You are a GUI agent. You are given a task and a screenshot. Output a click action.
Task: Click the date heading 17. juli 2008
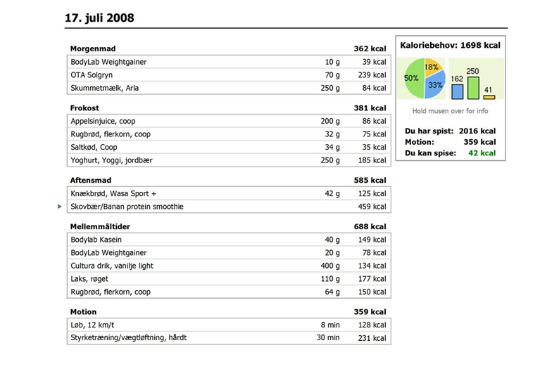tap(99, 18)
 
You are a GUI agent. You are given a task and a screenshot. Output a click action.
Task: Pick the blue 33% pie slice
tap(435, 85)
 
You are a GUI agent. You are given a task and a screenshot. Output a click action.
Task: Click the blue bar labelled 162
tap(458, 91)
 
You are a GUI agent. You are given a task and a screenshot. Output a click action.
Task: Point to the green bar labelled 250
tap(473, 88)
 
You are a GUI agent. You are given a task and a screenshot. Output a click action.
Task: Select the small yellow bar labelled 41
tap(489, 97)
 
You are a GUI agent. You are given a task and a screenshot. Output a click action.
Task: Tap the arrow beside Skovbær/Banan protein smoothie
tap(60, 207)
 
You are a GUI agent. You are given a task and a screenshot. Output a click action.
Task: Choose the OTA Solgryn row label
tap(92, 75)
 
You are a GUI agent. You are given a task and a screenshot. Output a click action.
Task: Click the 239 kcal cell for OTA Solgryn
tap(372, 75)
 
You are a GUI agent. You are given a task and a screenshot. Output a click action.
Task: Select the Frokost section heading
tap(84, 108)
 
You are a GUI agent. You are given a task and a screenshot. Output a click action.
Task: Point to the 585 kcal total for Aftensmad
tap(370, 180)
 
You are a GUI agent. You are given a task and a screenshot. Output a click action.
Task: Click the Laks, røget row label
tap(89, 279)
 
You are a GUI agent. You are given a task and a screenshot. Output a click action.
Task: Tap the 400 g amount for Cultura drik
tap(330, 266)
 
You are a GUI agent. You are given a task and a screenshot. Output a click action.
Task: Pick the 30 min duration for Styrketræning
tap(328, 337)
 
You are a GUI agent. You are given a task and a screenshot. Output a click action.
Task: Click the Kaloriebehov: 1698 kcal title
tap(451, 45)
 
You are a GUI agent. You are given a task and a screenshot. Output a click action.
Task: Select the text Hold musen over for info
tap(451, 111)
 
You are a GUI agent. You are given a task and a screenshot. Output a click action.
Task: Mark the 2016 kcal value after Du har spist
tap(477, 131)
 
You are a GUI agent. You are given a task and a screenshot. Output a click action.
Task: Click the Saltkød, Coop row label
tap(94, 148)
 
